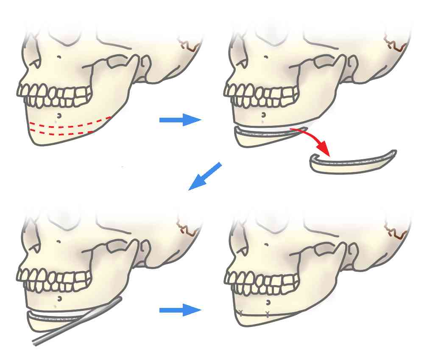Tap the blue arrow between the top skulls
point(180,120)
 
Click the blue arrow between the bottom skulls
point(180,310)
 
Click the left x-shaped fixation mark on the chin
point(241,313)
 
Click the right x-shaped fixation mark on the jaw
point(267,314)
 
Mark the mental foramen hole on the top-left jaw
point(59,115)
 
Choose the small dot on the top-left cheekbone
point(59,57)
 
